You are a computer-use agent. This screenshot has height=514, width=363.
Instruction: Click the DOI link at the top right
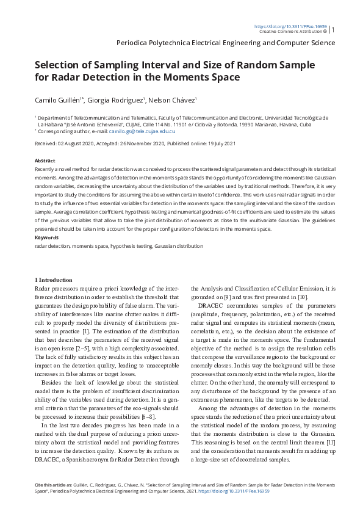click(289, 26)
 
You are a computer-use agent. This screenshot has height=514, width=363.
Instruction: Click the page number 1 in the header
click(333, 29)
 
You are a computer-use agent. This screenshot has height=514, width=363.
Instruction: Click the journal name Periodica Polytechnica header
click(225, 43)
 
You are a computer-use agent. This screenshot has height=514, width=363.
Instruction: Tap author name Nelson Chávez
click(173, 100)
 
